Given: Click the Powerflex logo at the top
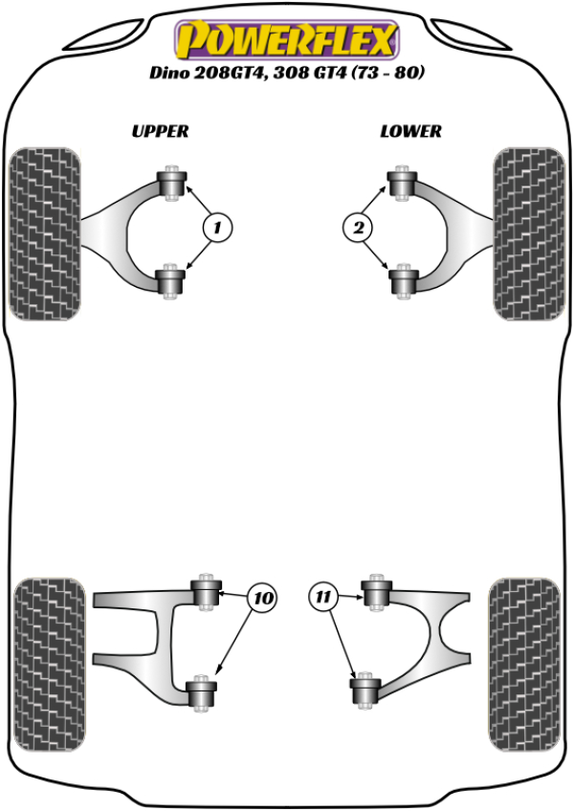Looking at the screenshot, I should (x=285, y=40).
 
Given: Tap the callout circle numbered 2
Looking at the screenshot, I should (x=358, y=228).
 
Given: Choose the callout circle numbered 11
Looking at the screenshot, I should (x=324, y=598).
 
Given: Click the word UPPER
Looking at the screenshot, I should (x=160, y=131).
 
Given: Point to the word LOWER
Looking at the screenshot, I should (x=410, y=131).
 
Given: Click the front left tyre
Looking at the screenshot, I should (x=44, y=232).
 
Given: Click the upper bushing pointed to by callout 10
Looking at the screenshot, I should (x=206, y=592).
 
